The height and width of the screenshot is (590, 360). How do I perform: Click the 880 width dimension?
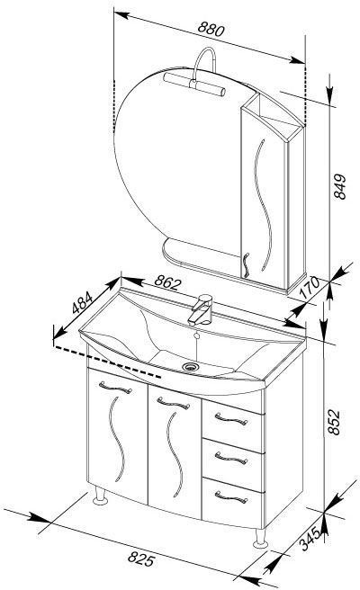tap(211, 29)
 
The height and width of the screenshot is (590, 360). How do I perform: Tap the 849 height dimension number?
tap(339, 186)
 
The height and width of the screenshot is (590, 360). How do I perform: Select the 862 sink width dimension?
tap(167, 282)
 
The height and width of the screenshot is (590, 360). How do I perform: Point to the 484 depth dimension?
tap(82, 302)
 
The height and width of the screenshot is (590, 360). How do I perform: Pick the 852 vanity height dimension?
tap(334, 422)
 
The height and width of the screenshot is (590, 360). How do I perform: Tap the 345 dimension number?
tap(311, 539)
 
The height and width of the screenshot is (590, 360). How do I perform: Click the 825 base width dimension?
tap(141, 559)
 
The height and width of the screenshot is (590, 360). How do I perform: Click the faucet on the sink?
tap(201, 309)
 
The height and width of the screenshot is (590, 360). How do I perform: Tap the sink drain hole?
tap(191, 366)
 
